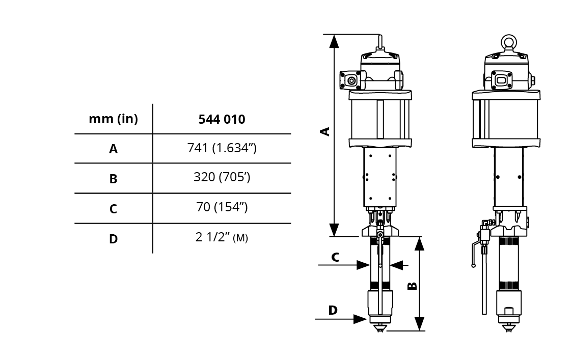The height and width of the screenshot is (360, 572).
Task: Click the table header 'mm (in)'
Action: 114,119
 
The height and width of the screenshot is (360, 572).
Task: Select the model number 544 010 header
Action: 222,119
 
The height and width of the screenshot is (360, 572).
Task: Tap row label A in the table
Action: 114,149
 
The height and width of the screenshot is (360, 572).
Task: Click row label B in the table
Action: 114,179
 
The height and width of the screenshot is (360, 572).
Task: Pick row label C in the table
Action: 114,209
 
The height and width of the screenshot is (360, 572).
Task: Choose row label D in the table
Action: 114,239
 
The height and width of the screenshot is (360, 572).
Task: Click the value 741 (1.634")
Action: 222,148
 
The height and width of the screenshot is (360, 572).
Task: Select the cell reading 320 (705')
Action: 222,177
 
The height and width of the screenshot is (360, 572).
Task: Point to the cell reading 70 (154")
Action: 222,207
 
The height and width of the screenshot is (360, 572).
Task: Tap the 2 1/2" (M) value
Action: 222,237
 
